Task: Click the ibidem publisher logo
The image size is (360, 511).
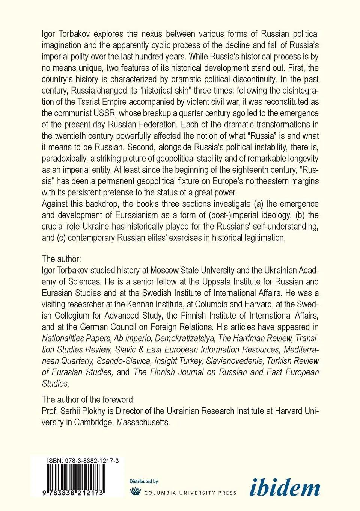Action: point(285,488)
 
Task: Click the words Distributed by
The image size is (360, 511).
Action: point(144,481)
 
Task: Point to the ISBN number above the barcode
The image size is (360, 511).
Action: point(83,461)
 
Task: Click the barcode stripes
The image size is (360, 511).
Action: point(75,476)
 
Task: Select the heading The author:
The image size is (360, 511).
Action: point(61,259)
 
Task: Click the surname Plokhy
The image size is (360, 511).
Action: point(95,411)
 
